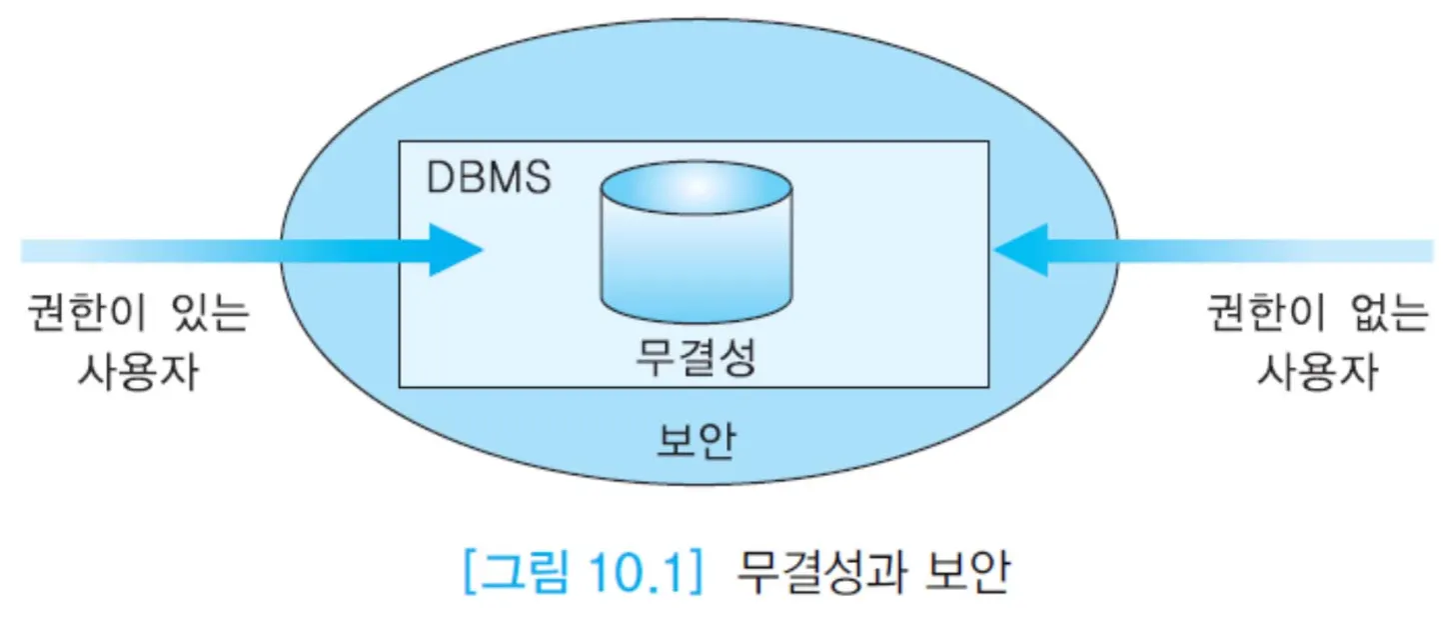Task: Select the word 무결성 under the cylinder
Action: (696, 358)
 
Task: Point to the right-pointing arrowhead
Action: (455, 250)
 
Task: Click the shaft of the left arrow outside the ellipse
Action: (150, 250)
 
